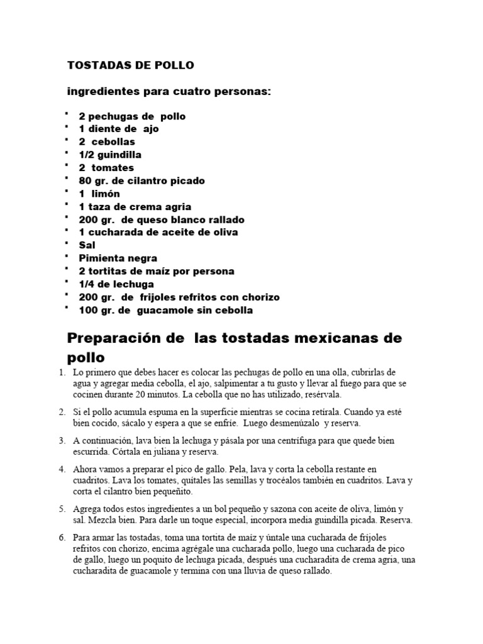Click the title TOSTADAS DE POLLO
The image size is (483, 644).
click(131, 65)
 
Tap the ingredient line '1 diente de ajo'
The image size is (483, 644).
click(118, 129)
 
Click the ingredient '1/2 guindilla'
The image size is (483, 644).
click(110, 155)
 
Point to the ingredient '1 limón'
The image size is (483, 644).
click(99, 194)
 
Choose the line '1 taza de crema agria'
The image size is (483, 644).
click(135, 207)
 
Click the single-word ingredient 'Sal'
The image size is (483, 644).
click(87, 245)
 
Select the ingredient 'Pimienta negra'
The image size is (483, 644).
click(118, 258)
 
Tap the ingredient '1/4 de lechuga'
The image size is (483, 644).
click(116, 284)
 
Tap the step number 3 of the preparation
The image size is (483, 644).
click(62, 441)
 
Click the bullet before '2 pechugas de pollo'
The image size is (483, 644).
click(66, 114)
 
